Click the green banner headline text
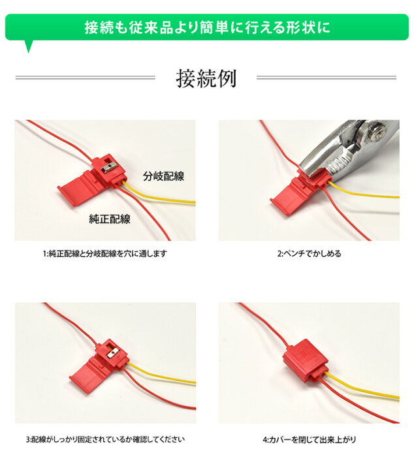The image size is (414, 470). (x=207, y=27)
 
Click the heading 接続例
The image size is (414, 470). (x=206, y=78)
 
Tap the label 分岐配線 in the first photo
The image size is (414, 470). (x=163, y=176)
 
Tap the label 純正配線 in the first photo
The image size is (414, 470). (x=110, y=219)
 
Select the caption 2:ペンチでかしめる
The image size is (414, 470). (x=309, y=253)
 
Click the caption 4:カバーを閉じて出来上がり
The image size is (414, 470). (x=309, y=439)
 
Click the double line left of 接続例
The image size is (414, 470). (x=85, y=78)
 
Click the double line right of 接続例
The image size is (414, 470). (x=326, y=78)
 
